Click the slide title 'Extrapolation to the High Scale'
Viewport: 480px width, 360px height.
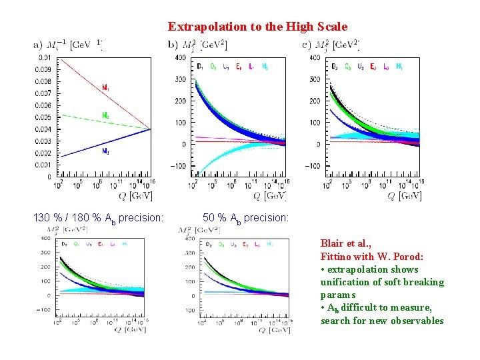[257, 27]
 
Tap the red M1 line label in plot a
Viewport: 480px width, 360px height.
[105, 87]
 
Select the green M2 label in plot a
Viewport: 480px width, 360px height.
[105, 115]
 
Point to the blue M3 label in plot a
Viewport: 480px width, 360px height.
[105, 151]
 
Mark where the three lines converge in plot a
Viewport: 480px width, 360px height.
[150, 129]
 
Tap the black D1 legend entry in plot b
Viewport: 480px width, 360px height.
[201, 66]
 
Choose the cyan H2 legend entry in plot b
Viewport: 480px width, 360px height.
[265, 66]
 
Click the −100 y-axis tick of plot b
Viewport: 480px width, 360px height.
[178, 165]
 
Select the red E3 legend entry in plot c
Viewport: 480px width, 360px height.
[373, 66]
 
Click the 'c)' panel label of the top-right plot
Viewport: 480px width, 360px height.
[307, 45]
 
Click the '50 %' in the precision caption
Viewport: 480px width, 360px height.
[213, 217]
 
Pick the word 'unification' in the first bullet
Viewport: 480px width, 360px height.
[345, 282]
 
